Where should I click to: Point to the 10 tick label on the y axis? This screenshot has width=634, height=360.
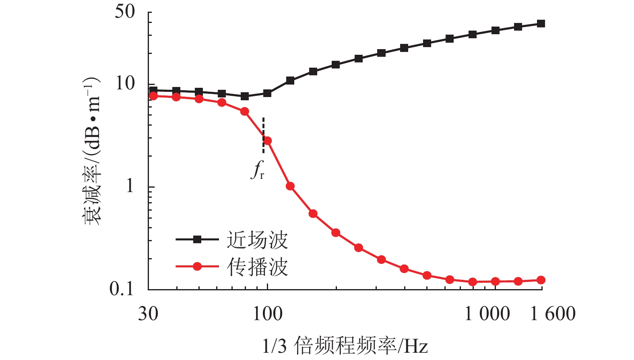coord(125,84)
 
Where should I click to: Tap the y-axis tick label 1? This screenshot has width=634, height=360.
coord(130,186)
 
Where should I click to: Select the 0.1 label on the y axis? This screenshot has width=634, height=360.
coord(122,289)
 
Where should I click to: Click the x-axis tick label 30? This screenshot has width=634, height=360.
coord(148,314)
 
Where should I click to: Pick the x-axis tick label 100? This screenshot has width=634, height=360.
coord(268,314)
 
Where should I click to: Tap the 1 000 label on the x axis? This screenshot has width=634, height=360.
coord(487,314)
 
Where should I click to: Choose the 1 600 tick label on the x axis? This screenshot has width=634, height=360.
coord(553,314)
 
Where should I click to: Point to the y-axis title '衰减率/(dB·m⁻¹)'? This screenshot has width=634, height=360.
coord(92,151)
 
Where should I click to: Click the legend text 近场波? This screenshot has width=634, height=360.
coord(258,240)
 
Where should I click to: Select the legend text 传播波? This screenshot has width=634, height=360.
coord(258,267)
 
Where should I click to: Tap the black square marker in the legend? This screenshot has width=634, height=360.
coord(197,240)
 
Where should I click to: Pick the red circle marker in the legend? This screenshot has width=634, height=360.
coord(197,267)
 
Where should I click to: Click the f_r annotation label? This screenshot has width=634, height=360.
coord(258,170)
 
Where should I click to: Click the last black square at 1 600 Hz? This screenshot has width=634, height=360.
coord(541,24)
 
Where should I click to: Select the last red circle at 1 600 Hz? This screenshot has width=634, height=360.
coord(541,280)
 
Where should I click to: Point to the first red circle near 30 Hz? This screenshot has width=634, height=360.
coord(153,96)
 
